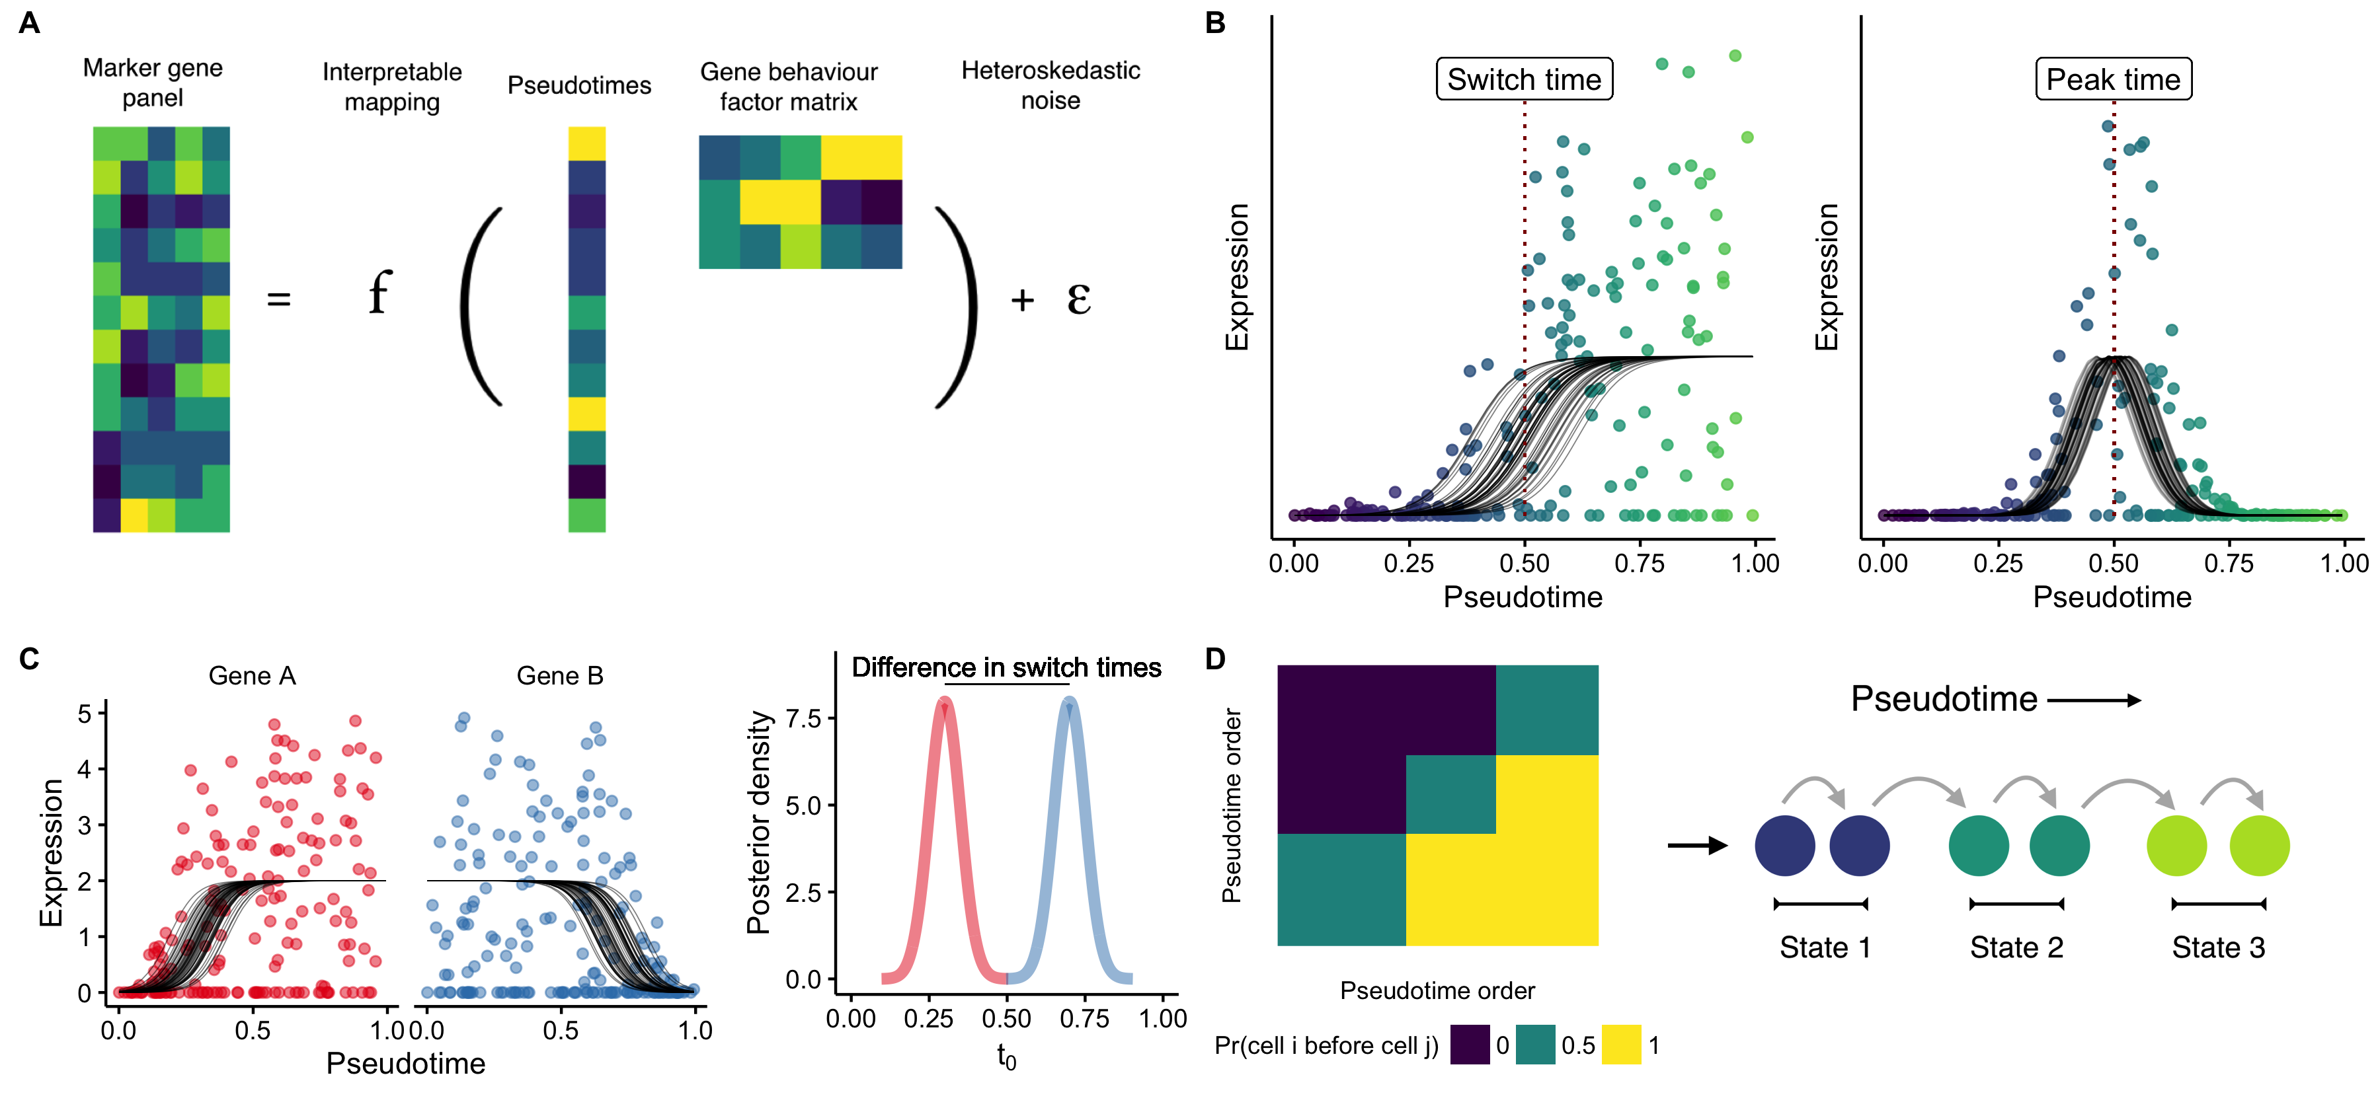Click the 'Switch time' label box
click(1524, 79)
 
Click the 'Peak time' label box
click(2113, 79)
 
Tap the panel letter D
click(1216, 659)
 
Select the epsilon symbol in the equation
click(1078, 297)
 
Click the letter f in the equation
click(379, 293)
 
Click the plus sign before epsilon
click(1022, 299)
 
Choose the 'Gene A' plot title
click(253, 676)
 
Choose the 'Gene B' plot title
click(560, 676)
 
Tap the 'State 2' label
click(2016, 947)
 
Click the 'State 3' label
click(2217, 947)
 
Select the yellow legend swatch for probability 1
click(1620, 1045)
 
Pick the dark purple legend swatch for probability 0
click(1469, 1045)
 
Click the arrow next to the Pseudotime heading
click(2094, 700)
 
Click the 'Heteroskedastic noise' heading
click(1051, 85)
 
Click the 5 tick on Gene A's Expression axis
click(85, 713)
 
